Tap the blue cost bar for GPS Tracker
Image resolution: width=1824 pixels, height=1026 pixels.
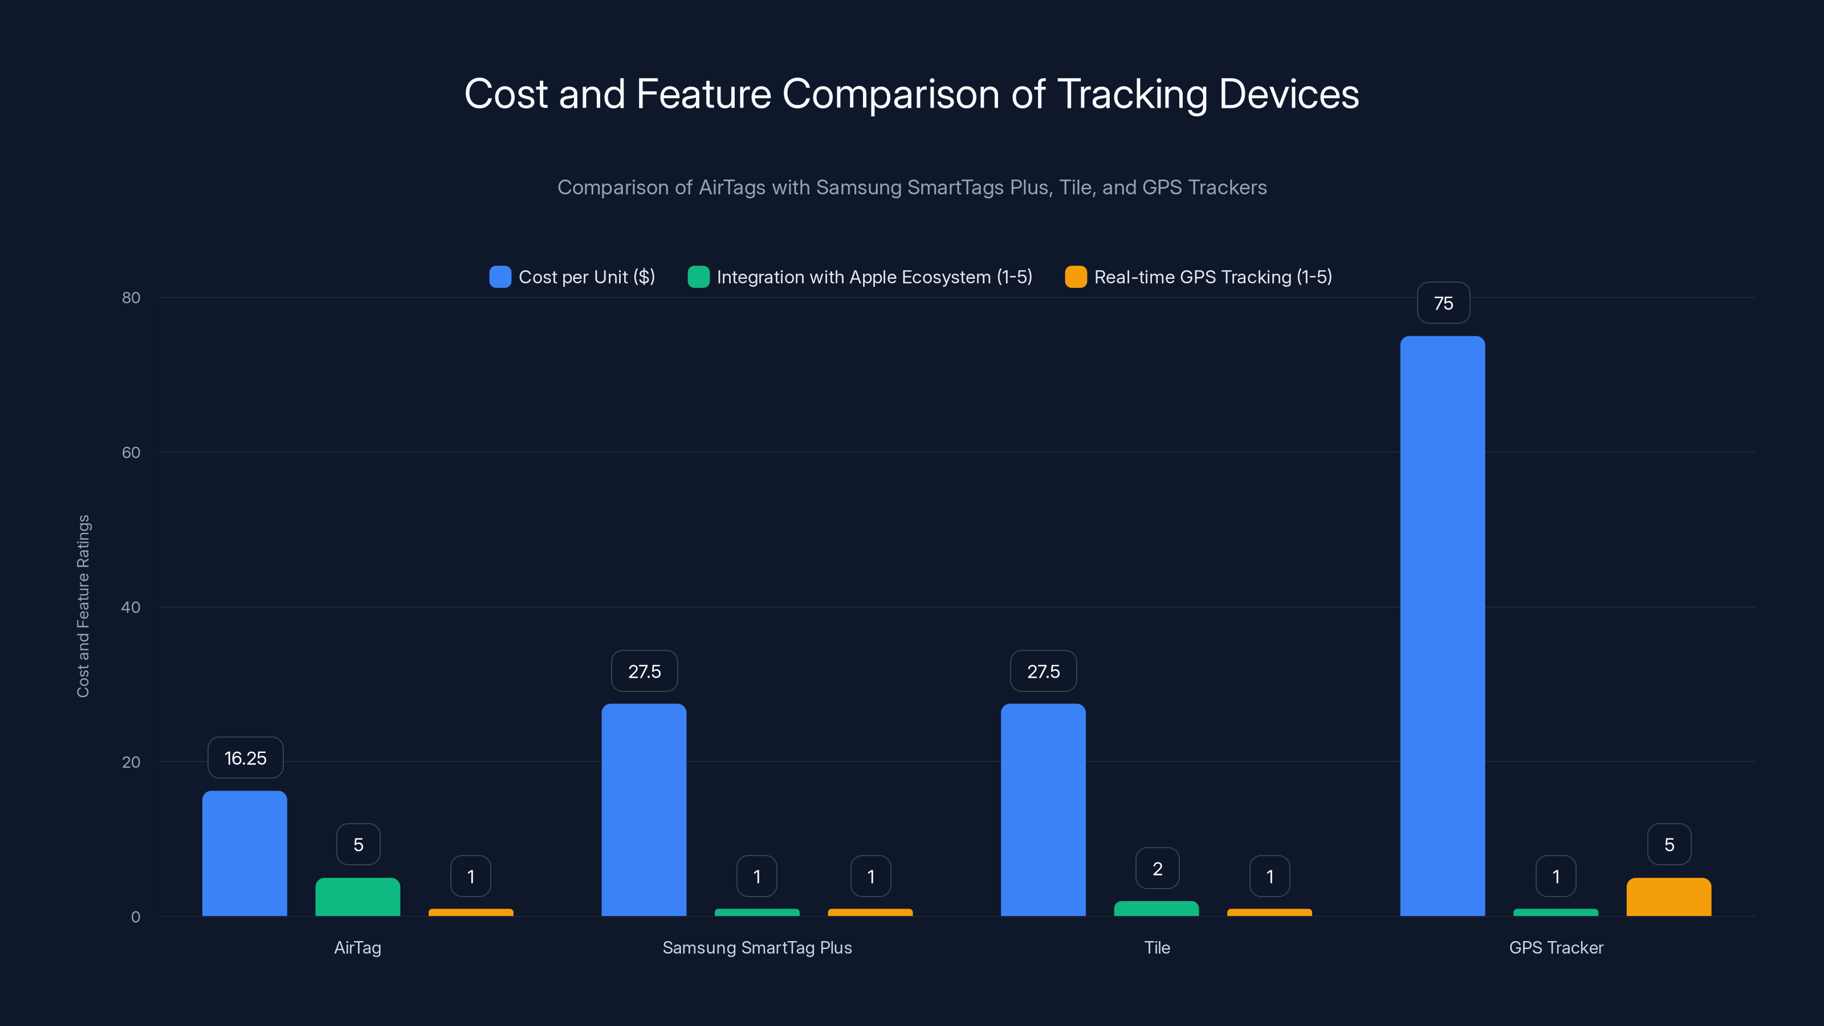(1442, 626)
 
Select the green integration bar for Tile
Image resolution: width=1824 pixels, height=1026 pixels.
(1157, 909)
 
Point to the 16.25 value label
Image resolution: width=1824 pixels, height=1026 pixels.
(245, 758)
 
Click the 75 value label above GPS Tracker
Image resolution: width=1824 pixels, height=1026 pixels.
(1443, 303)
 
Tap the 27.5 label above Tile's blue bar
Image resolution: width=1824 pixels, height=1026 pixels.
(1043, 671)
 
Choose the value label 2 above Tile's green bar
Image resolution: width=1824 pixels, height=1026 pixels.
(1157, 868)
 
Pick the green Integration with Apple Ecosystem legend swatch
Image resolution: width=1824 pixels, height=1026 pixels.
(698, 277)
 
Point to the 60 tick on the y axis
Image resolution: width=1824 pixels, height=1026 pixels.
(131, 453)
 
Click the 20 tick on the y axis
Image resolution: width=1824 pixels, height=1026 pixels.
(131, 762)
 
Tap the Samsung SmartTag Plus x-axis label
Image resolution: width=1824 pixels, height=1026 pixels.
(757, 947)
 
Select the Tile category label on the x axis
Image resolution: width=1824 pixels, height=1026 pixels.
(1157, 947)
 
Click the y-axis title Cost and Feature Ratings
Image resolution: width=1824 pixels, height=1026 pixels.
(83, 606)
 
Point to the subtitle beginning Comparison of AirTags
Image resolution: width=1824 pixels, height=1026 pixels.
(911, 188)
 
